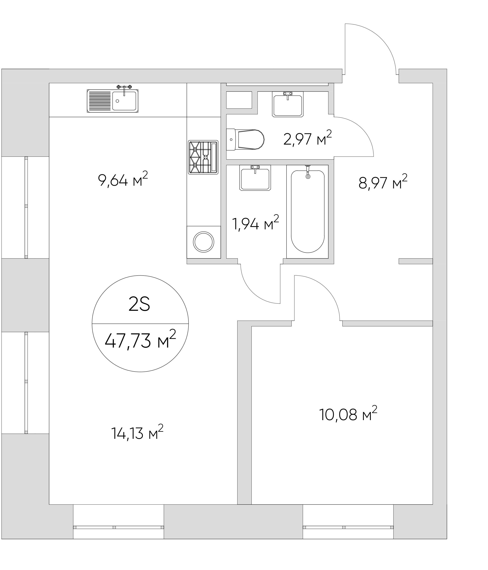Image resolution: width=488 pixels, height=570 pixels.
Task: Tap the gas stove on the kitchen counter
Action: click(x=203, y=157)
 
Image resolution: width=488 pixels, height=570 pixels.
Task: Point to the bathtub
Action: click(x=308, y=211)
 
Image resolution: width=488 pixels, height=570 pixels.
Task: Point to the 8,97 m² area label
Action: click(x=383, y=182)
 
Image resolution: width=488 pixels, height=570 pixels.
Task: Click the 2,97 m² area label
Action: click(x=307, y=138)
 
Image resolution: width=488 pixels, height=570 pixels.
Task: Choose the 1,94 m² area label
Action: click(x=255, y=223)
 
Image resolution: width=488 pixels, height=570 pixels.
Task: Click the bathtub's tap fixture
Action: click(x=308, y=172)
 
